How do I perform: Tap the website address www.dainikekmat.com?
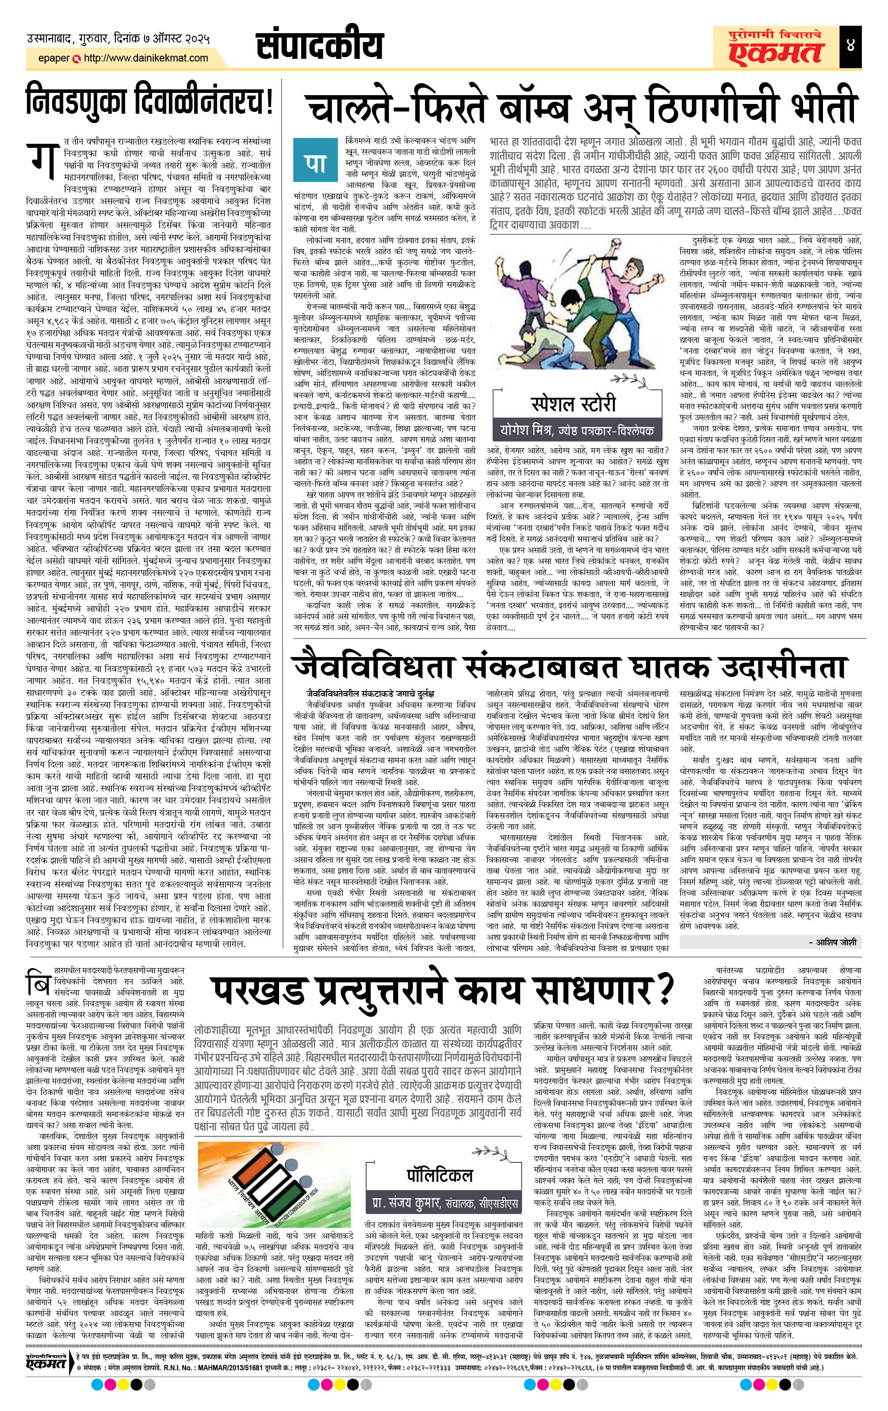tap(146, 58)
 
